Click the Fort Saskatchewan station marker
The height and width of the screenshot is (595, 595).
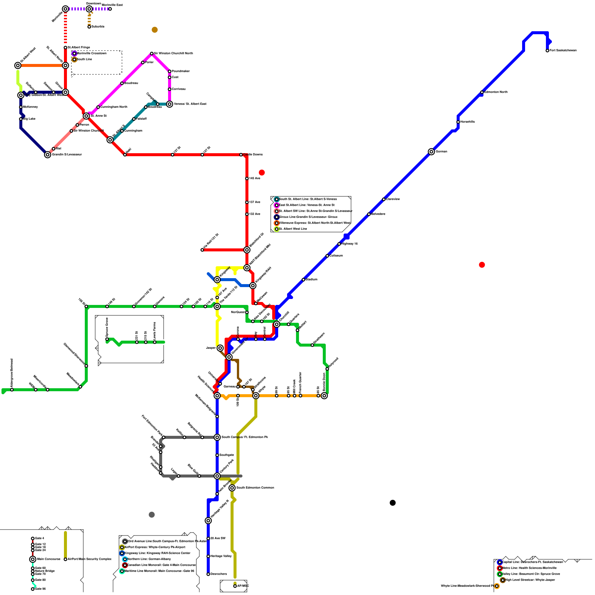point(547,51)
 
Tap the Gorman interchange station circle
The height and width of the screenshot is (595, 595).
point(431,152)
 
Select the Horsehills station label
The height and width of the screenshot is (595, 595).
point(467,122)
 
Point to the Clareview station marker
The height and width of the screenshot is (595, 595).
point(384,199)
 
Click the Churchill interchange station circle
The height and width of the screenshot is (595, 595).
point(277,324)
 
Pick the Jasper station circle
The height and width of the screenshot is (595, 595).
point(220,348)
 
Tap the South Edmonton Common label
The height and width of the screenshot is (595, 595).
point(255,488)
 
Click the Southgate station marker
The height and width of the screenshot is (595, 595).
point(217,455)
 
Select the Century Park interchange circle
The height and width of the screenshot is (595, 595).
point(217,476)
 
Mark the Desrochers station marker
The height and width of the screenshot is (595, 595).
point(208,574)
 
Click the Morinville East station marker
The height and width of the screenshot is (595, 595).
point(110,9)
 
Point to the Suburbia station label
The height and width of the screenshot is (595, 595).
point(98,27)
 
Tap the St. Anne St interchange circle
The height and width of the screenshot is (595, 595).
point(86,116)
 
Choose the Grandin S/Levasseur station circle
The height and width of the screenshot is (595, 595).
point(48,155)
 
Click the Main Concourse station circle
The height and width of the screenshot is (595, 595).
point(33,559)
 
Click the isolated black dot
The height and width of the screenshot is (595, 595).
point(393,503)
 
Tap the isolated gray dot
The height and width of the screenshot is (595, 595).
point(152,515)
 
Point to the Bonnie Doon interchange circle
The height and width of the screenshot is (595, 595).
point(324,396)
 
